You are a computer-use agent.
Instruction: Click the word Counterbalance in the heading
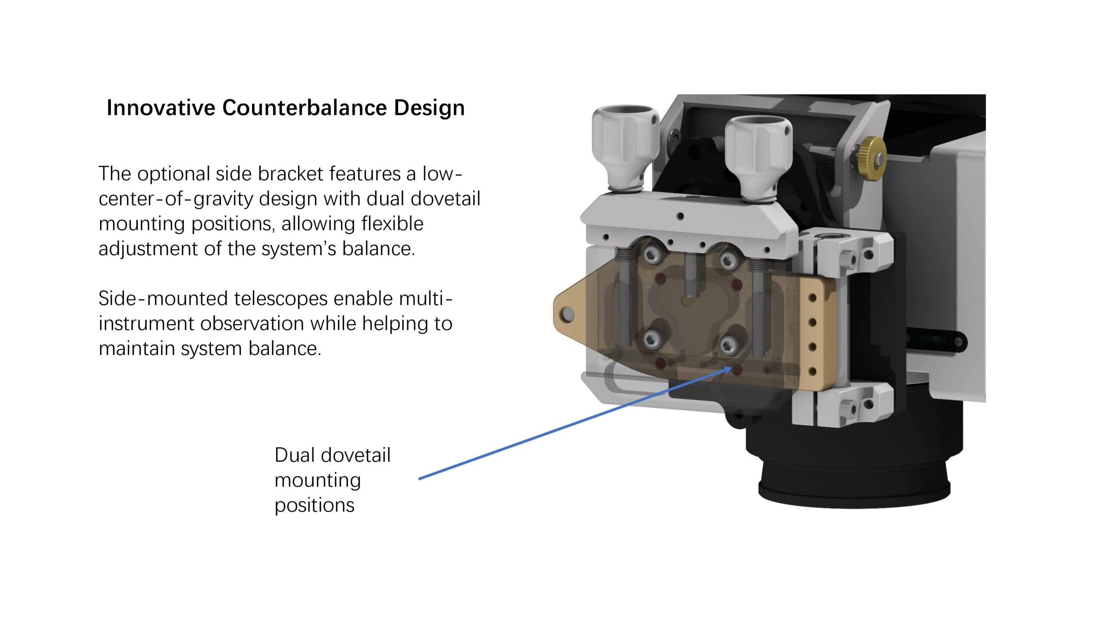click(305, 107)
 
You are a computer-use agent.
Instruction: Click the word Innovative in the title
click(161, 107)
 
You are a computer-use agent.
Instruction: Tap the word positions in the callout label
click(315, 506)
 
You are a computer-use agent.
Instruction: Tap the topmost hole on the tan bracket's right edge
click(812, 298)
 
